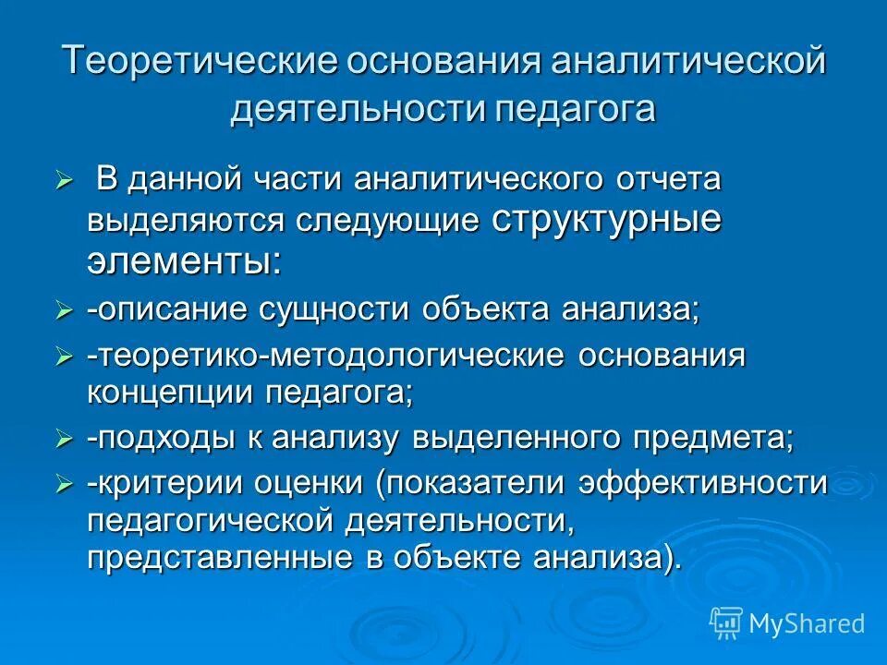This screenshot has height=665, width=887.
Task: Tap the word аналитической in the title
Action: click(x=683, y=63)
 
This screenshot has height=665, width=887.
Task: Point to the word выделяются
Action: click(x=186, y=221)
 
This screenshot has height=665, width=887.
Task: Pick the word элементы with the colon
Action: click(x=186, y=261)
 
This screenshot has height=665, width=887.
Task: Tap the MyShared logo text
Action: click(x=806, y=623)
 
